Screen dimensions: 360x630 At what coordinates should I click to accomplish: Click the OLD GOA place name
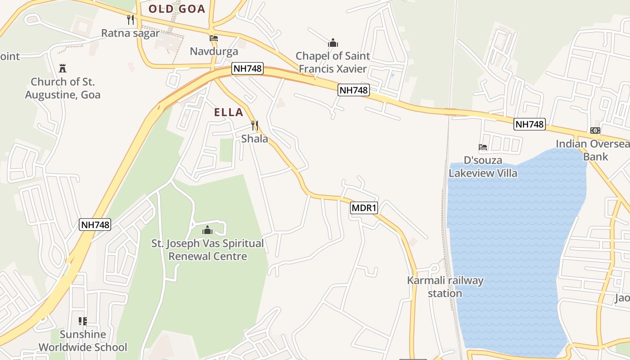(x=177, y=9)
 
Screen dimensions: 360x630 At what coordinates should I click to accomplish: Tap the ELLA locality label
(x=229, y=112)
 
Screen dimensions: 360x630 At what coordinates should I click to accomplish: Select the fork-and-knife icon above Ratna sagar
(x=130, y=20)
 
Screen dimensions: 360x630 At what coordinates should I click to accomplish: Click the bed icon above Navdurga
(x=214, y=38)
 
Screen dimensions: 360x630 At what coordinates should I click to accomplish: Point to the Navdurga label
(x=214, y=51)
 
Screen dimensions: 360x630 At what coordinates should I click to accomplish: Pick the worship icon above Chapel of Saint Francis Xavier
(x=333, y=43)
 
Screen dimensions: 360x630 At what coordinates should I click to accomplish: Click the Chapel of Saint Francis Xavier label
(x=333, y=63)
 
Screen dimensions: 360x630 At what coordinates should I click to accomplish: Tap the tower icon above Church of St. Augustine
(x=63, y=69)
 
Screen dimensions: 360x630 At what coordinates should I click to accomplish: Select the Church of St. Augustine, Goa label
(x=63, y=89)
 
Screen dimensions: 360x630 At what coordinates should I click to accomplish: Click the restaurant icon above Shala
(x=255, y=126)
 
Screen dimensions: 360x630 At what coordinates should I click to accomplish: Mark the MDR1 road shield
(x=364, y=208)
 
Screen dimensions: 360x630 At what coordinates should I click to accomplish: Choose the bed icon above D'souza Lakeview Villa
(x=483, y=147)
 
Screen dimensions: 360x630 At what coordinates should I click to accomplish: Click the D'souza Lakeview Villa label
(x=483, y=167)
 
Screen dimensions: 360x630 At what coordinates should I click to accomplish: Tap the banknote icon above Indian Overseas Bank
(x=595, y=130)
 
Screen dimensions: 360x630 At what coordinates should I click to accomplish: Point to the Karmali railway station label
(x=445, y=287)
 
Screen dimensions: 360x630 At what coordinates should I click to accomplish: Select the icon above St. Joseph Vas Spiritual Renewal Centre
(x=207, y=230)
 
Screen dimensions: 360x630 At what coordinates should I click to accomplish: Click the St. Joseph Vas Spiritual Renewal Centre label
(x=207, y=250)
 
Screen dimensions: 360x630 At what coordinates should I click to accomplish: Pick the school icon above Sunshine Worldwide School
(x=83, y=321)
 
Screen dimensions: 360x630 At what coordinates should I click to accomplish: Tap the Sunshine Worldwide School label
(x=83, y=341)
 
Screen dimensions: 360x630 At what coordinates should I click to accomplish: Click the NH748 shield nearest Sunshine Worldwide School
(x=95, y=225)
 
